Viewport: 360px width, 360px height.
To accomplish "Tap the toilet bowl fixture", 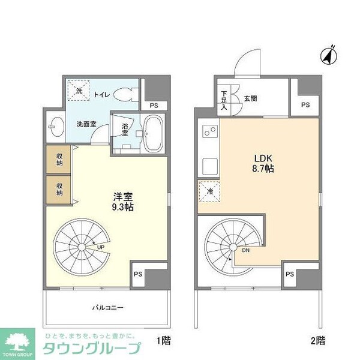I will coord(126,95).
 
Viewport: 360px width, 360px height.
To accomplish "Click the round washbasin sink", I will coord(56,125).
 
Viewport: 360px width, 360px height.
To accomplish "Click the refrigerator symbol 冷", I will coord(208,191).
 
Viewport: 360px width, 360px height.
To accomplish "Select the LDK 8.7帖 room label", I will coord(262,164).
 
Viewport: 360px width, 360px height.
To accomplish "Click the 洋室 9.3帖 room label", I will coord(124,201).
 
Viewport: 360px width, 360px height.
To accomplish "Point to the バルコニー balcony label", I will coord(108,308).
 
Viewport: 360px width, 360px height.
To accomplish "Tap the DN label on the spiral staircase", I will coord(245,251).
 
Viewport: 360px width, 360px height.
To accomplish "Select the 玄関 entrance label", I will coord(250,98).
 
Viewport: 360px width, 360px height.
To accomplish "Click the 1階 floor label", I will coord(163,341).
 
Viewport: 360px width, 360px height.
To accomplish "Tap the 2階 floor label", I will coord(318,341).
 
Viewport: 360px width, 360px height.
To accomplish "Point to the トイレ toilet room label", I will coord(101,94).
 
